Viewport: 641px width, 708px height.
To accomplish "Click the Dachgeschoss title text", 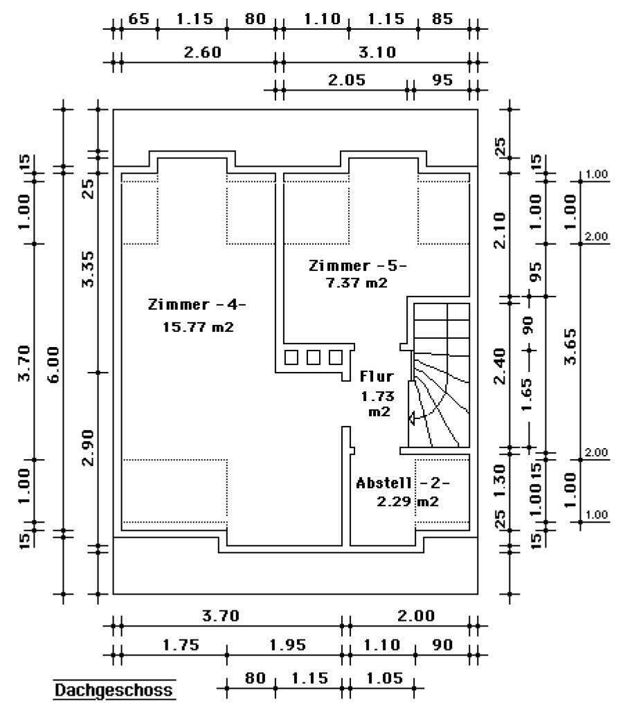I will (114, 690).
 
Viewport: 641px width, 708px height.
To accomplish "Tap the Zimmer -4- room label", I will (197, 304).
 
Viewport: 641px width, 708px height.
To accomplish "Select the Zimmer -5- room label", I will (358, 265).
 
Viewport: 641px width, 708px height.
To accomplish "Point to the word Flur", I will (377, 377).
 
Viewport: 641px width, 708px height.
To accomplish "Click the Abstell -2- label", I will (403, 483).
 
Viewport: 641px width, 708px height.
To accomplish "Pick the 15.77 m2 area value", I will (198, 327).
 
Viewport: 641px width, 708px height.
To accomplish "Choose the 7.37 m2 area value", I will (356, 283).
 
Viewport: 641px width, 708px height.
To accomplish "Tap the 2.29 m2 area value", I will (408, 502).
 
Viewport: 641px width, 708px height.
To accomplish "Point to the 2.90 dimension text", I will (89, 447).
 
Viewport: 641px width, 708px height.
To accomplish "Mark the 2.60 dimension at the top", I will (202, 53).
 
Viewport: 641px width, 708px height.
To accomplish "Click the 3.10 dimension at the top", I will (378, 53).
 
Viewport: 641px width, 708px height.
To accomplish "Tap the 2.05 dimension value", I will (347, 80).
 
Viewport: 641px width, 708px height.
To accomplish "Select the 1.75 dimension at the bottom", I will (181, 645).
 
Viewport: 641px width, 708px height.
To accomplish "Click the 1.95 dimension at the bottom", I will (287, 645).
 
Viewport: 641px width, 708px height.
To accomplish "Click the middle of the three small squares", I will (314, 357).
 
